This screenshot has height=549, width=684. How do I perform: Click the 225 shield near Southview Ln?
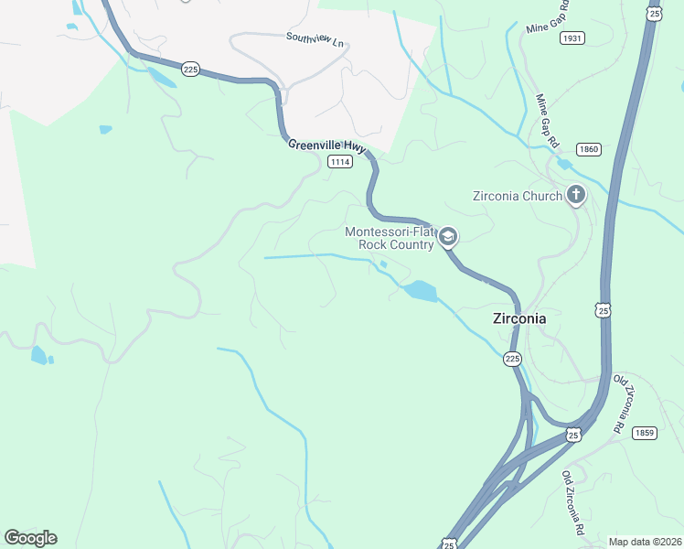pyautogui.click(x=190, y=70)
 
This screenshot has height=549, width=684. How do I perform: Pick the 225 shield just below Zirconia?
pyautogui.click(x=513, y=360)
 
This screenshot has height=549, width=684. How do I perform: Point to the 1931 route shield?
pyautogui.click(x=572, y=38)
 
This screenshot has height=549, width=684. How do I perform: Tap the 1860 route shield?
pyautogui.click(x=588, y=148)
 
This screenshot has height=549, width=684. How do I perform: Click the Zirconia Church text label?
pyautogui.click(x=517, y=196)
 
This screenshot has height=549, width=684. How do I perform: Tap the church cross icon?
pyautogui.click(x=575, y=194)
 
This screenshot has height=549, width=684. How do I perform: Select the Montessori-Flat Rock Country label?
pyautogui.click(x=389, y=238)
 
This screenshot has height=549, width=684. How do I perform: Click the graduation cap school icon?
pyautogui.click(x=447, y=238)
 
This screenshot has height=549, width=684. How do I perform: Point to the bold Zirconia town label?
pyautogui.click(x=519, y=319)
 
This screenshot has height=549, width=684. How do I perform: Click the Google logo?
pyautogui.click(x=30, y=538)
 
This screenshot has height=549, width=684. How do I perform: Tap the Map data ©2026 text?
pyautogui.click(x=645, y=542)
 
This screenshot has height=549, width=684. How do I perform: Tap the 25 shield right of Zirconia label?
pyautogui.click(x=604, y=311)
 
